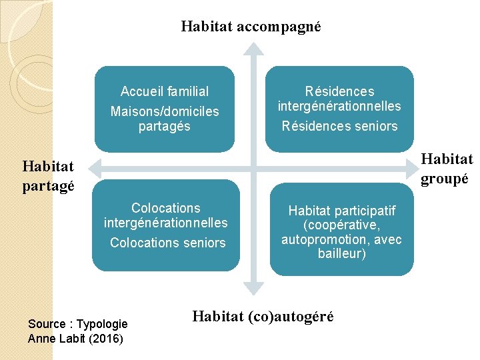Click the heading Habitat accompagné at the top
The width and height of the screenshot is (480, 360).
[251, 27]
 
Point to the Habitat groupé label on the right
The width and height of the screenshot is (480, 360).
[446, 168]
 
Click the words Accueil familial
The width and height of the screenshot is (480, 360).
[165, 91]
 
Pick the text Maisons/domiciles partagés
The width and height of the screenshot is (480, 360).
[165, 118]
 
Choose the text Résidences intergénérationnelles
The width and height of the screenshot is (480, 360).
[339, 99]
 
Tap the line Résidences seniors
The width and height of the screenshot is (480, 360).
[339, 126]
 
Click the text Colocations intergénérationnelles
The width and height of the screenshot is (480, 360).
[166, 215]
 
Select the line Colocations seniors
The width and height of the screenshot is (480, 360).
[168, 243]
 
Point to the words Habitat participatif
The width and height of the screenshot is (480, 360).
[341, 211]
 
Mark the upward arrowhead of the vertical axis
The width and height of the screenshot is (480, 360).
[253, 48]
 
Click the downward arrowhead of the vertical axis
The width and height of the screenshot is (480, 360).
[253, 289]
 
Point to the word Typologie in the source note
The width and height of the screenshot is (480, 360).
[102, 324]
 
